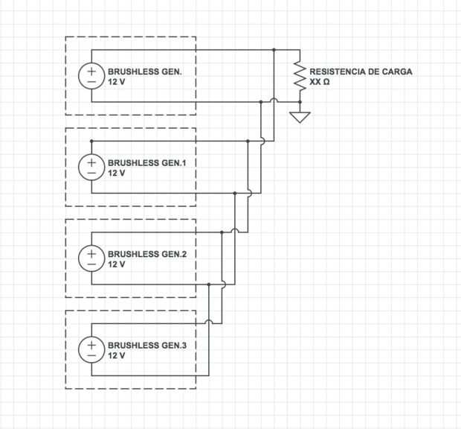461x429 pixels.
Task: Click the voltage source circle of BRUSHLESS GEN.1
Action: pyautogui.click(x=91, y=167)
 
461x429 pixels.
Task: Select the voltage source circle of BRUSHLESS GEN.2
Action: pyautogui.click(x=91, y=258)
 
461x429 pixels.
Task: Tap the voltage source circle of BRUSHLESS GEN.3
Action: pyautogui.click(x=91, y=349)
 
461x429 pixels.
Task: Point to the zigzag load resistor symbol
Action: pyautogui.click(x=300, y=76)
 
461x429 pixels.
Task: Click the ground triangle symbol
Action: pyautogui.click(x=300, y=117)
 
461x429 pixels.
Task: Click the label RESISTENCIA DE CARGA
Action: pyautogui.click(x=361, y=71)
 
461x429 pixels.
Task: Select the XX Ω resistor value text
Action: pyautogui.click(x=320, y=82)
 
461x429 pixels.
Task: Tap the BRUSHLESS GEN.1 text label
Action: pyautogui.click(x=147, y=163)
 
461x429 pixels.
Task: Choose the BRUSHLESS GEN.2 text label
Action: pyautogui.click(x=147, y=254)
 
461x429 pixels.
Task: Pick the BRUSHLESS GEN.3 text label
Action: pyautogui.click(x=147, y=346)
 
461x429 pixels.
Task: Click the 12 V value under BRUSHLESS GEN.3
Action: pyautogui.click(x=117, y=356)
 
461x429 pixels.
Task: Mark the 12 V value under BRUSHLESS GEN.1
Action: pyautogui.click(x=117, y=173)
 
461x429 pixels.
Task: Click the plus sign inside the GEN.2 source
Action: pyautogui.click(x=91, y=253)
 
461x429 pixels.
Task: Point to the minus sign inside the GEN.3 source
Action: pyautogui.click(x=91, y=355)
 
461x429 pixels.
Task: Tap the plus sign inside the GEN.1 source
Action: pyautogui.click(x=91, y=162)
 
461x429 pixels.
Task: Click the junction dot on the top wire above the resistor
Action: pyautogui.click(x=274, y=50)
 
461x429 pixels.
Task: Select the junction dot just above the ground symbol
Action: pyautogui.click(x=300, y=102)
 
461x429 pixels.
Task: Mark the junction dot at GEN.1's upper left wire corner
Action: pyautogui.click(x=91, y=141)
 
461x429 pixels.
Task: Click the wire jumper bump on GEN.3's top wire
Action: pyautogui.click(x=209, y=321)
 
